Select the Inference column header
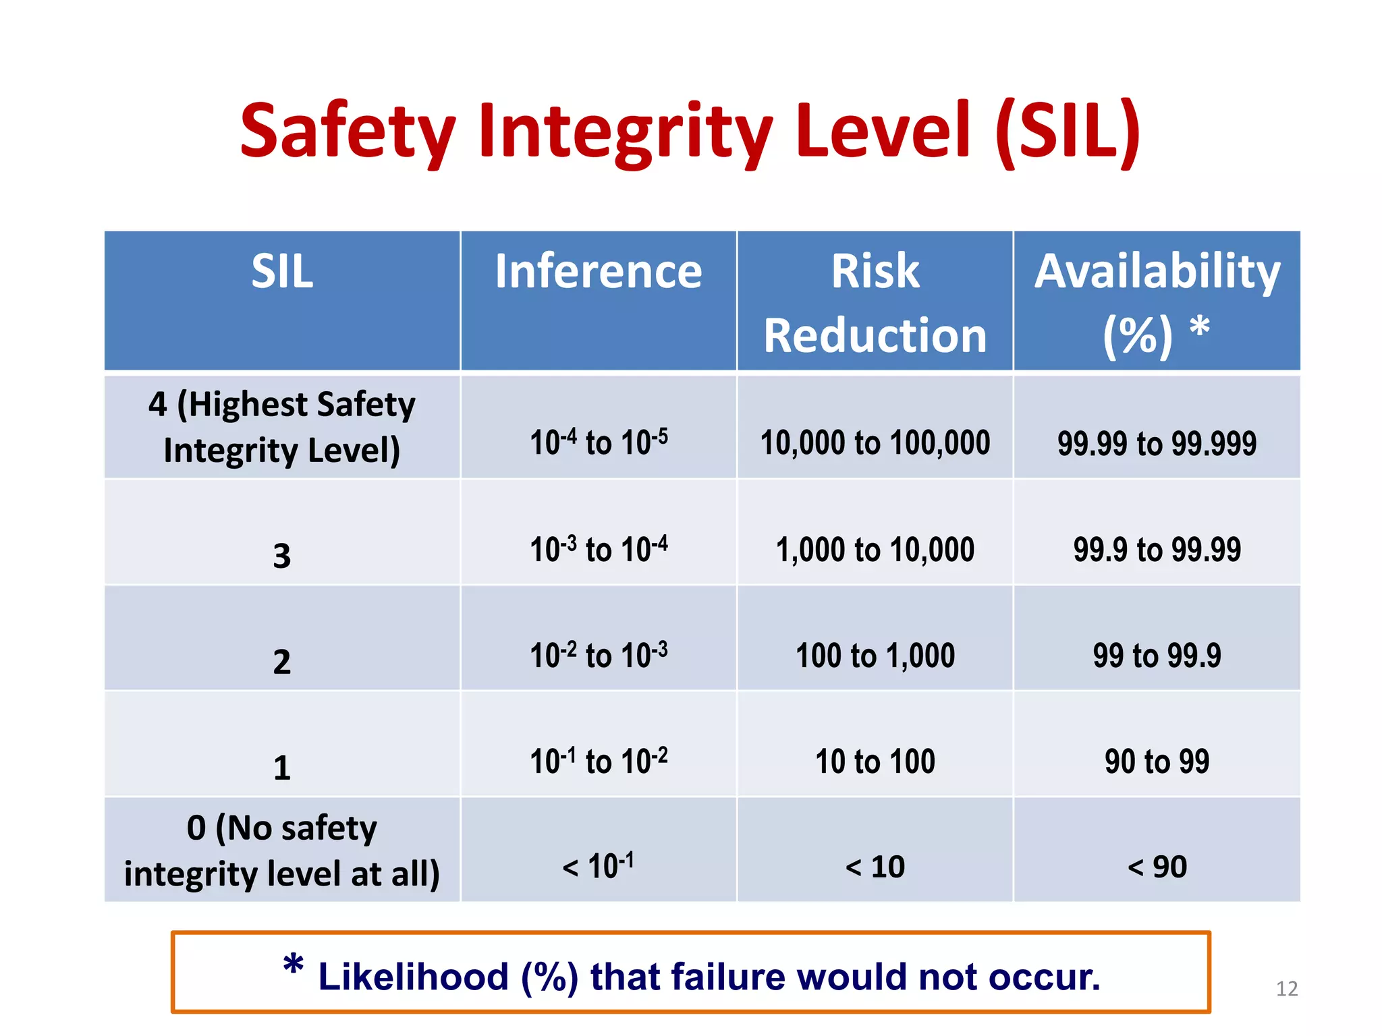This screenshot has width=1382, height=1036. [x=599, y=271]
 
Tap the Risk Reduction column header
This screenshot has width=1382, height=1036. [x=875, y=303]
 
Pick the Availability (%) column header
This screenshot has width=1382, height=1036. [x=1157, y=303]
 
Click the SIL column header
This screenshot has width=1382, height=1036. [x=282, y=271]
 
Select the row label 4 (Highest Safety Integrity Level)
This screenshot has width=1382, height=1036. [x=282, y=427]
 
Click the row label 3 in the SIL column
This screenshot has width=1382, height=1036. [x=282, y=556]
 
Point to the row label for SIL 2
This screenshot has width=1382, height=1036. [x=282, y=661]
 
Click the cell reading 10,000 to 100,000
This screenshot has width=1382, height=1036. [x=875, y=442]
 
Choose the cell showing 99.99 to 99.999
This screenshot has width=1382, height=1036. [x=1157, y=443]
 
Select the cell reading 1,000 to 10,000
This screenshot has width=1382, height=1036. [x=875, y=549]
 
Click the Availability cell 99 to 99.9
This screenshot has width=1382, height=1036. [x=1157, y=655]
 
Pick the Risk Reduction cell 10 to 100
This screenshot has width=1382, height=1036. [x=875, y=761]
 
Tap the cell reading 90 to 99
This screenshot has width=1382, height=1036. [x=1157, y=761]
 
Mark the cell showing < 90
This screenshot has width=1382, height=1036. [x=1157, y=867]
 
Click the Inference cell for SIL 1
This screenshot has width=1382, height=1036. [x=599, y=761]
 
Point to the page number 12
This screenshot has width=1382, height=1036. [x=1287, y=989]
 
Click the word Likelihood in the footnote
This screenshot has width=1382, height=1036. [x=413, y=977]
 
